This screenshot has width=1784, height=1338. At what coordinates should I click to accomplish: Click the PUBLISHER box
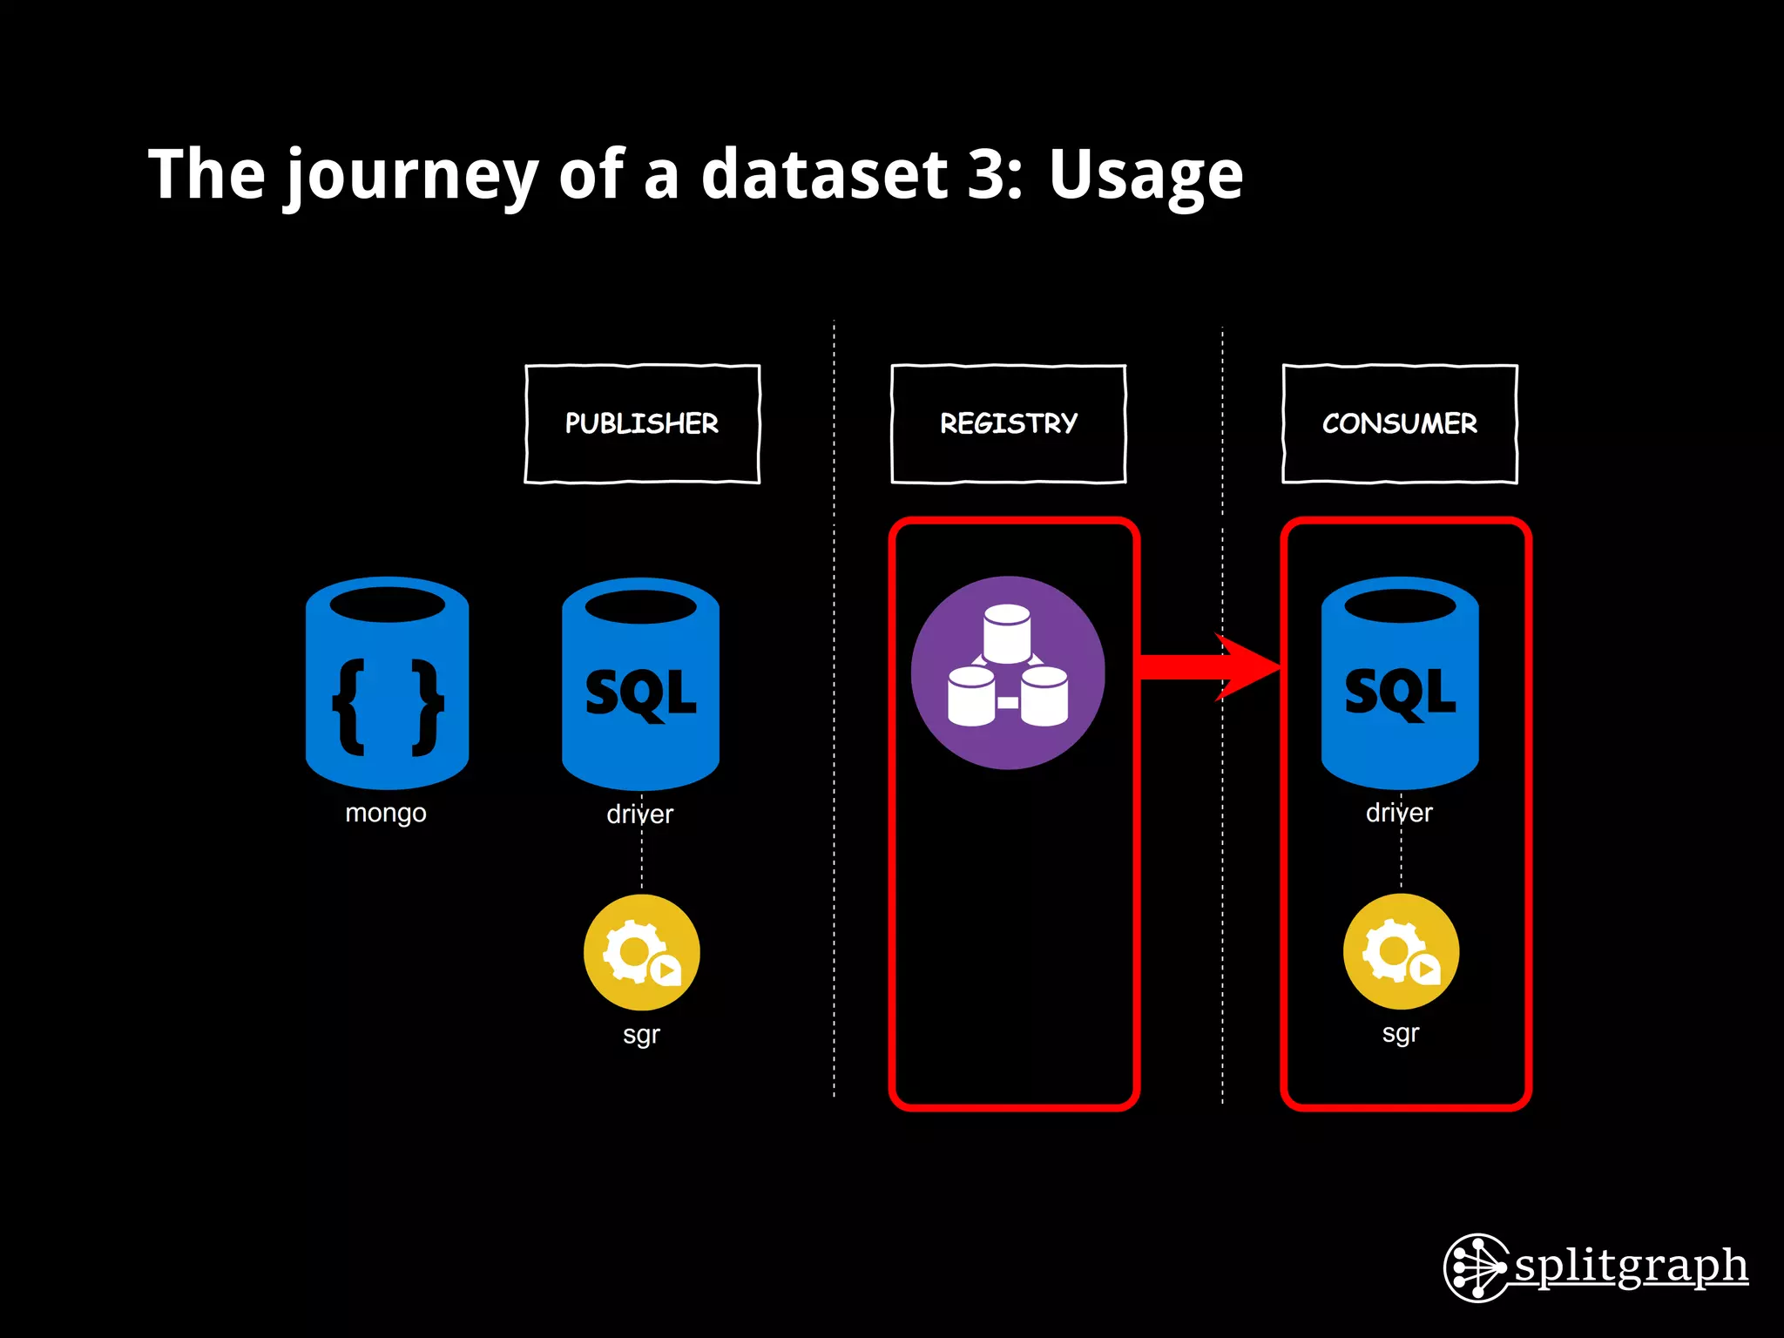(642, 423)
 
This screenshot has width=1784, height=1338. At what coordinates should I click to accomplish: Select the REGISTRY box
(1008, 423)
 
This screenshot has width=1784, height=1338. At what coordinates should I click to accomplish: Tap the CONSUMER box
(1400, 423)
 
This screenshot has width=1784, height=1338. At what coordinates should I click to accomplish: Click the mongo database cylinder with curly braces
(388, 683)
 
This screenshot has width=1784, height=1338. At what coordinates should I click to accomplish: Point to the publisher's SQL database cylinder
(640, 684)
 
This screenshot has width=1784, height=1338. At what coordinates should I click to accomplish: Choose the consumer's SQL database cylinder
(1400, 683)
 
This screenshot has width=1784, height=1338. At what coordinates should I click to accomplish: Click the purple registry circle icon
(1008, 672)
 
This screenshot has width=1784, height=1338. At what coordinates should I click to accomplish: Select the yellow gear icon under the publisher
(642, 952)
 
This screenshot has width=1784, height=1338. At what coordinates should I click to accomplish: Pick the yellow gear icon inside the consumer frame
(1401, 951)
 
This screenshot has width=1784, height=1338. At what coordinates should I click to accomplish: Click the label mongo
(386, 814)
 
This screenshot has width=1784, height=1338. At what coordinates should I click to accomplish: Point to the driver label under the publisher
(640, 814)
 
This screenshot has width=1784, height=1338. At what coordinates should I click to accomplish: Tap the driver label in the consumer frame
(1399, 813)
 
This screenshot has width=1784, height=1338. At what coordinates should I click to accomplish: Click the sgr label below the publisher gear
(641, 1035)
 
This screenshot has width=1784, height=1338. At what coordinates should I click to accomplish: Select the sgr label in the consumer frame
(1401, 1034)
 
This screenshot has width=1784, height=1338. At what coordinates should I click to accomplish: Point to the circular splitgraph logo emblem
(1477, 1267)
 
